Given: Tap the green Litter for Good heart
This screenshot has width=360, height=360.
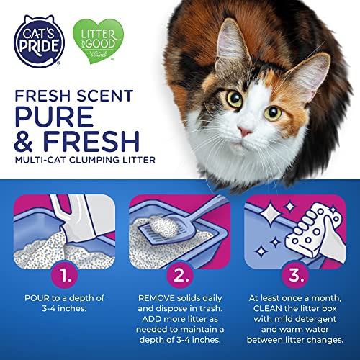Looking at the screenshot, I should click(x=99, y=40).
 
